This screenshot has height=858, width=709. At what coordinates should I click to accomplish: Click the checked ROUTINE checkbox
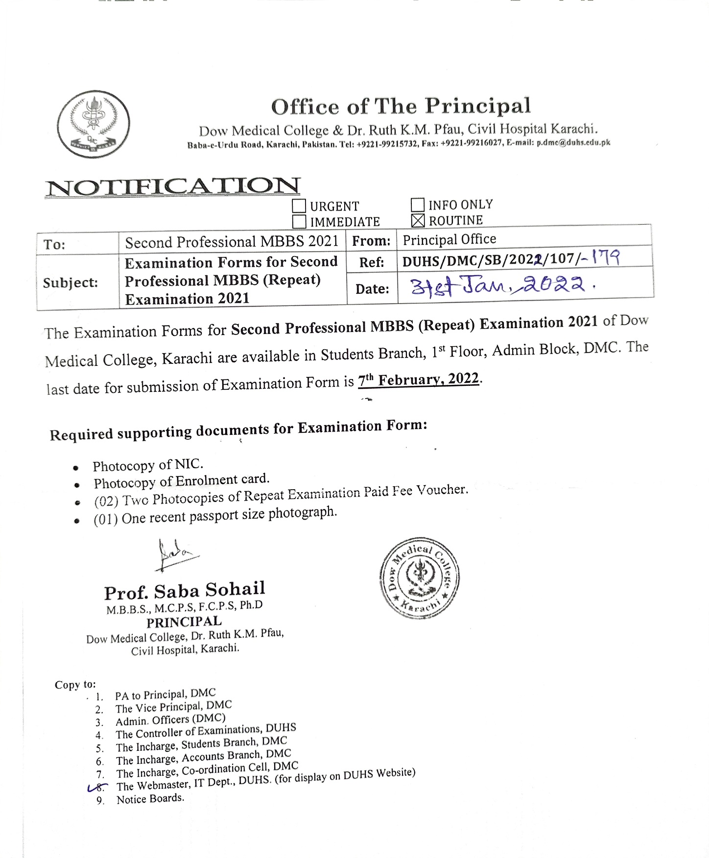(418, 221)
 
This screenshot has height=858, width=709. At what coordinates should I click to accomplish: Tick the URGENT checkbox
(299, 206)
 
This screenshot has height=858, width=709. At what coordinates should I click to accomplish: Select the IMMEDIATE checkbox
(299, 222)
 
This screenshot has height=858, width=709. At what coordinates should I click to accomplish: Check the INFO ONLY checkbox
(417, 205)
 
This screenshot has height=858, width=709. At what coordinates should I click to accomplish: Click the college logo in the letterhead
(94, 124)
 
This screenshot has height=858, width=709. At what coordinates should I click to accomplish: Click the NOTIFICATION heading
(172, 187)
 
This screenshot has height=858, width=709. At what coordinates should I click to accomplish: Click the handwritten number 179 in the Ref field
(606, 257)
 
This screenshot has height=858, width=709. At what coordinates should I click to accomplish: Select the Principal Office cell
(449, 239)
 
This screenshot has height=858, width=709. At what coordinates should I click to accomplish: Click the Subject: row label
(71, 283)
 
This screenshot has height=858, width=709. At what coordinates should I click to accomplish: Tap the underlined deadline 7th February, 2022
(419, 380)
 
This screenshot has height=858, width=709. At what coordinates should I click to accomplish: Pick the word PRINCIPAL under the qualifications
(184, 622)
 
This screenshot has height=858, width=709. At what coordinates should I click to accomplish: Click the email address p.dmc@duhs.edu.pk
(573, 143)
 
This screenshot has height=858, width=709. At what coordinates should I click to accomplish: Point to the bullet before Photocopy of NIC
(76, 468)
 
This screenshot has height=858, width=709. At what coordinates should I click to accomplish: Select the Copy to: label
(75, 685)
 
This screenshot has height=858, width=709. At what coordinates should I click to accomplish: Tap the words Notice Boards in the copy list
(150, 799)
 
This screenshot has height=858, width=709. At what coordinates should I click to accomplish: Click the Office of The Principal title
(401, 106)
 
